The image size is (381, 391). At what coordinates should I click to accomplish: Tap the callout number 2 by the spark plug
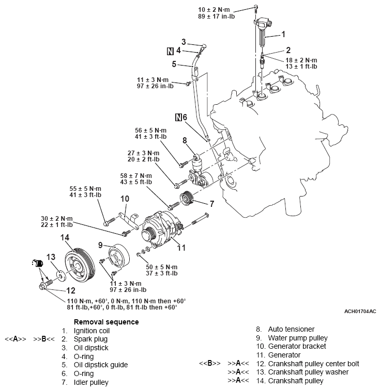click(x=288, y=50)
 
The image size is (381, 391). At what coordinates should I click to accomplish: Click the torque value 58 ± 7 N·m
click(x=136, y=176)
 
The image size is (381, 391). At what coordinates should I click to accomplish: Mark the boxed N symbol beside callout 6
click(x=179, y=118)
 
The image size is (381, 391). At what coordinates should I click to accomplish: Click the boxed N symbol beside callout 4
click(x=170, y=51)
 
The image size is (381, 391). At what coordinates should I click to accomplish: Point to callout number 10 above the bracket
click(x=125, y=199)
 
